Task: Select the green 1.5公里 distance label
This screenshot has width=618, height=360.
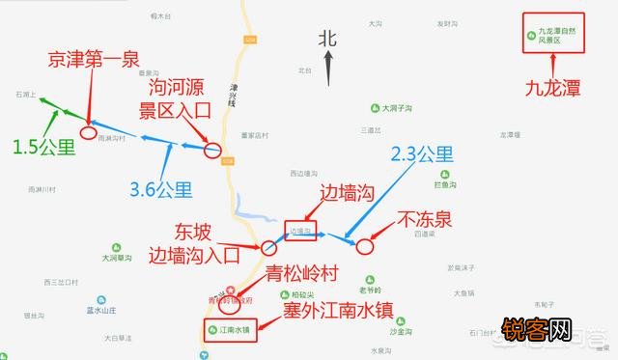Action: pyautogui.click(x=43, y=147)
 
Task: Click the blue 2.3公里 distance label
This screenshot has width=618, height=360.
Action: pyautogui.click(x=421, y=152)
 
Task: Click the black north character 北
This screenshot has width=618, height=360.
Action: pyautogui.click(x=328, y=38)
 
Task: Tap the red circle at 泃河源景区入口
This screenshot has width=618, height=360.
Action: pyautogui.click(x=213, y=151)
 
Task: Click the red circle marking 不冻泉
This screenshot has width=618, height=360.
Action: pyautogui.click(x=364, y=245)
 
